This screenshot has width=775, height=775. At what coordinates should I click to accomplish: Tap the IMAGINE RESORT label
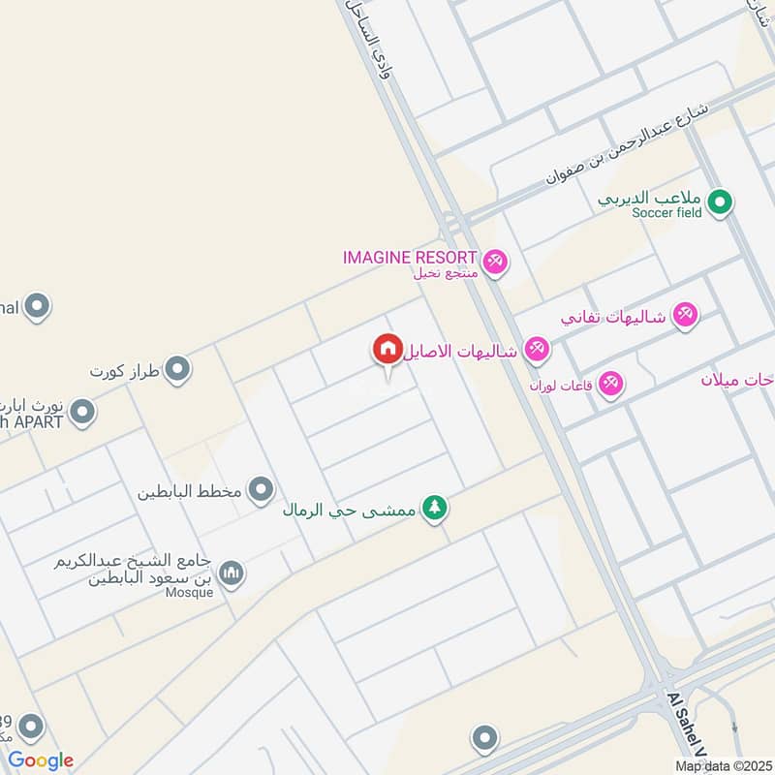tap(410, 258)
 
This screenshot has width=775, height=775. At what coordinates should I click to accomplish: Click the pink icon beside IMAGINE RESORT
tap(495, 263)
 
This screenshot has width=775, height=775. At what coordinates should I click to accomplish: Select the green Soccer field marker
tap(719, 203)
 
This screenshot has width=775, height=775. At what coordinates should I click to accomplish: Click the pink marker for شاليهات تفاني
tap(686, 316)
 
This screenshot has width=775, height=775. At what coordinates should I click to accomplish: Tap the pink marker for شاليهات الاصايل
tap(536, 350)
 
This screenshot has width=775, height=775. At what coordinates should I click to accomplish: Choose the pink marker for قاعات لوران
tap(610, 385)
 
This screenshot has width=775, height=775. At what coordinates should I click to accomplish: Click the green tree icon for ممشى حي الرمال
tap(435, 508)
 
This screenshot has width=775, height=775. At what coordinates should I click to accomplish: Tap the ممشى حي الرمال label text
tap(350, 509)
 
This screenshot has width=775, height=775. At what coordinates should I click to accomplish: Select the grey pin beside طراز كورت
tap(176, 369)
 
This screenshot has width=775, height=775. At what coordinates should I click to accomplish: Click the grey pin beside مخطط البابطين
tap(261, 490)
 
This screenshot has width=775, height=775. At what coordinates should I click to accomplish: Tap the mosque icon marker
tap(231, 574)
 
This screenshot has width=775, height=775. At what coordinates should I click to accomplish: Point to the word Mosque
tap(188, 593)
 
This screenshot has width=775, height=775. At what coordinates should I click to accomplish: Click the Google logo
tap(41, 760)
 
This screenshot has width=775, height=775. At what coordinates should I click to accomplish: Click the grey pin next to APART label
tap(82, 414)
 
